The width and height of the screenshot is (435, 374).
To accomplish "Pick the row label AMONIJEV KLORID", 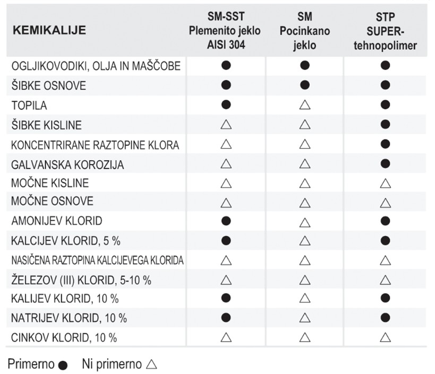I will pos(57,221).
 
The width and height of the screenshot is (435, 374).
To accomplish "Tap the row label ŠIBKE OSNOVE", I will pos(48,86).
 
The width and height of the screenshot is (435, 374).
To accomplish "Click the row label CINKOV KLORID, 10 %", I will pos(64,337).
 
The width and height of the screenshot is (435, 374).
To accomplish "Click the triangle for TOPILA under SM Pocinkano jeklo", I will pos(305,105).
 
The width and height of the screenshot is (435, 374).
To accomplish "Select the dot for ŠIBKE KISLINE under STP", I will pos(386,125).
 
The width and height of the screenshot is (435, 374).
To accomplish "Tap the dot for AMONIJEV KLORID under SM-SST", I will pos(226,221).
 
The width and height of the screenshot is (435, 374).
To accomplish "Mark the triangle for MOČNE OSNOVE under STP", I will pos(386,202).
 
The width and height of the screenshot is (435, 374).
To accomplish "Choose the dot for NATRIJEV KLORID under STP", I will pos(386,318).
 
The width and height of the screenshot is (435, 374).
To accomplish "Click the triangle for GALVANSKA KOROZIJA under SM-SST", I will pos(226,164).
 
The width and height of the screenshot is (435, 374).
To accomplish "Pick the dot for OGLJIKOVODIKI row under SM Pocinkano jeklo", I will pos(305,66).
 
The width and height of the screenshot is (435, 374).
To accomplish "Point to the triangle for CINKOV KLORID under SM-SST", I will pos(226,337).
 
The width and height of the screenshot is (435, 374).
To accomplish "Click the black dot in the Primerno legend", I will pos(64,366).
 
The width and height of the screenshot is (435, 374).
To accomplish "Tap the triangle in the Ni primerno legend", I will pos(151,364).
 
